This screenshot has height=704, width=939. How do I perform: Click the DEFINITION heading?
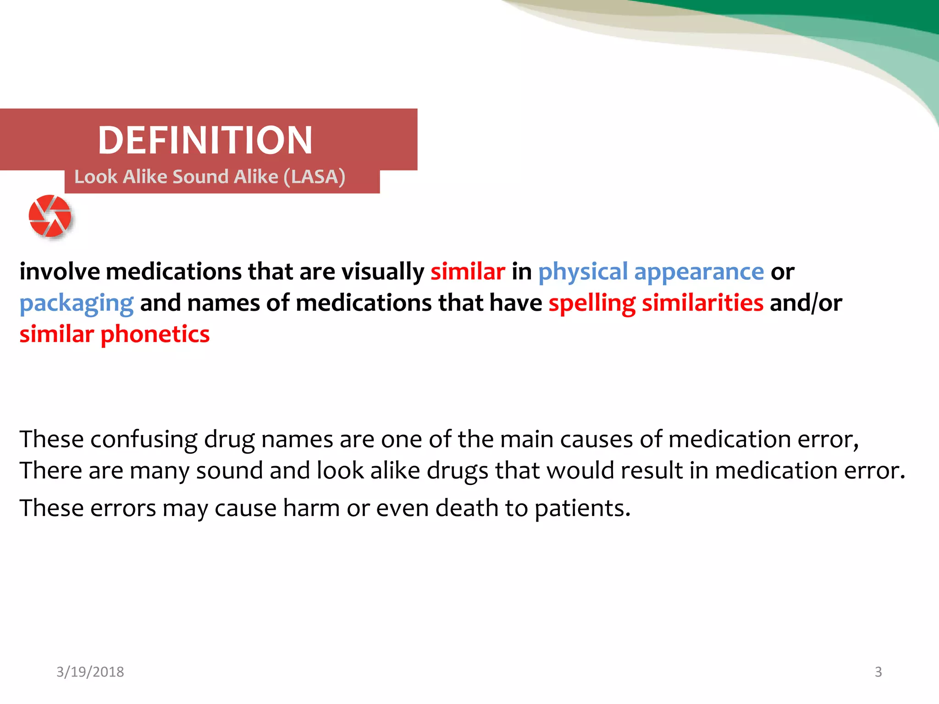tap(205, 140)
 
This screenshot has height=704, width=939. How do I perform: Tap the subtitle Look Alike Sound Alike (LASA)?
tap(210, 177)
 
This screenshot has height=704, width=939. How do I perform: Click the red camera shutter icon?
tap(50, 216)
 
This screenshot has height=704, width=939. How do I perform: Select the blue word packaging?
tap(77, 303)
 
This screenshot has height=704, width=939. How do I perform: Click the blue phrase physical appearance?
tap(651, 272)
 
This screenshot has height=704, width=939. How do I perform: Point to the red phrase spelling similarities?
tap(656, 303)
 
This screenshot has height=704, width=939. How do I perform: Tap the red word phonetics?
tap(155, 334)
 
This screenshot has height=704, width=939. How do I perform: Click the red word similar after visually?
tap(468, 272)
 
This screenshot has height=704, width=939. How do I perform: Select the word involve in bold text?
tap(60, 272)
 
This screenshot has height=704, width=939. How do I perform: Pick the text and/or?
tap(806, 303)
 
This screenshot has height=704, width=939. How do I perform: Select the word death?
tap(466, 508)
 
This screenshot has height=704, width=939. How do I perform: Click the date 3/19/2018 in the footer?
tap(90, 672)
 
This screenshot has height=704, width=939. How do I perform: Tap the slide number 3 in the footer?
tap(878, 672)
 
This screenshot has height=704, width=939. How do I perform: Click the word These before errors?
tap(51, 508)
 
